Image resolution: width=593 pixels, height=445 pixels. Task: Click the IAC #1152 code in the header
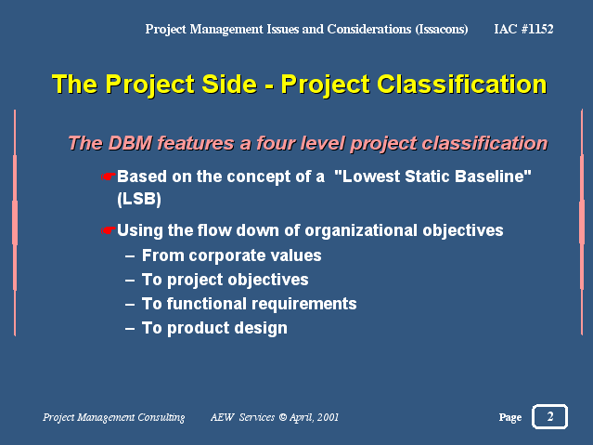click(523, 29)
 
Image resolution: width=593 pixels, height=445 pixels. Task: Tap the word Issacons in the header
click(442, 30)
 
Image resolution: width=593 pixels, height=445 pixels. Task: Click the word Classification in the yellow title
click(462, 84)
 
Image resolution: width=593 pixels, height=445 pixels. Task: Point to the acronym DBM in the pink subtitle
click(130, 143)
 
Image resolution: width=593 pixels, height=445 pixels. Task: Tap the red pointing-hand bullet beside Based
click(109, 177)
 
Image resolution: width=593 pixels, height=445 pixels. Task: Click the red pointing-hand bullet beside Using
click(109, 230)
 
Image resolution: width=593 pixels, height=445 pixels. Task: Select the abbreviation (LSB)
click(139, 199)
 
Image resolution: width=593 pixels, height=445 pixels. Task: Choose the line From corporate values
click(231, 255)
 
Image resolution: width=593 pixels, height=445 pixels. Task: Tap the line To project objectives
click(225, 281)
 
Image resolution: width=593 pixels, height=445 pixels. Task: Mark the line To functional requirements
click(250, 304)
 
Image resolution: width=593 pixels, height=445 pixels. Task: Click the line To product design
click(214, 328)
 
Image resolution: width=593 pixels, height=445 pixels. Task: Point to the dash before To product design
click(130, 329)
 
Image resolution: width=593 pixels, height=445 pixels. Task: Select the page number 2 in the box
click(550, 416)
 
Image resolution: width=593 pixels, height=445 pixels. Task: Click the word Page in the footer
click(510, 417)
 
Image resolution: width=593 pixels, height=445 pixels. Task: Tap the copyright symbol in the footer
click(283, 417)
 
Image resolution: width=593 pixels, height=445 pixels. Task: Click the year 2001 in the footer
click(328, 417)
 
